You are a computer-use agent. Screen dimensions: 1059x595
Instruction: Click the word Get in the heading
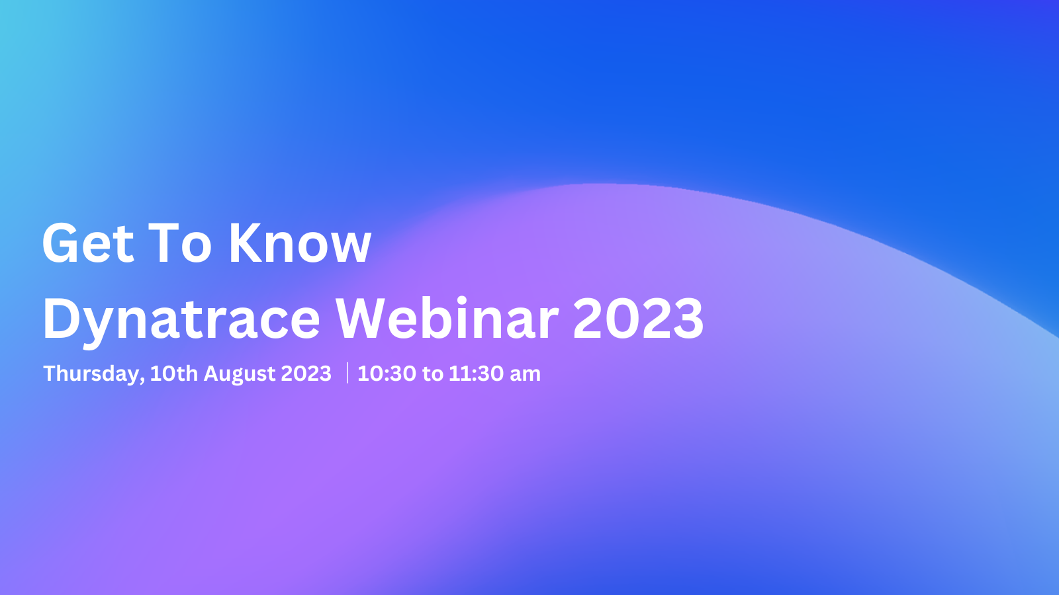(x=89, y=243)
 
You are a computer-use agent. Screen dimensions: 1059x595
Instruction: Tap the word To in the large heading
(x=179, y=243)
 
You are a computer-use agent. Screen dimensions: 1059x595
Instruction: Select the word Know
(x=300, y=243)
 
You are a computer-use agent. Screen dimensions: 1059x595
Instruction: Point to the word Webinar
(x=447, y=318)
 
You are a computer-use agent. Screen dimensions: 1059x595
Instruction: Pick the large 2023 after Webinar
(x=638, y=319)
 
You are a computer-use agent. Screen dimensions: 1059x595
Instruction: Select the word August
(x=240, y=374)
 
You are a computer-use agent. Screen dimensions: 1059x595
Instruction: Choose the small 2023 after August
(x=306, y=374)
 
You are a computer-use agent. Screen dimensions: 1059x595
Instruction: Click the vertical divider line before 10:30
(x=347, y=373)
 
